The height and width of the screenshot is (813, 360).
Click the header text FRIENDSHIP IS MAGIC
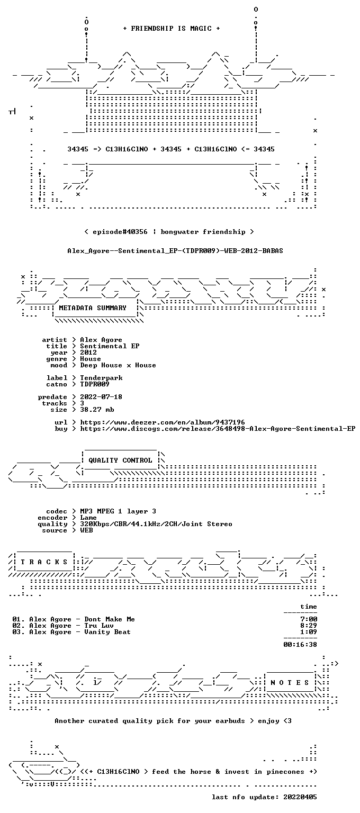172,29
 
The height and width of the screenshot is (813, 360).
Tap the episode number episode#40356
120,232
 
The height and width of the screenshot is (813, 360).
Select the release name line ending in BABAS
175,251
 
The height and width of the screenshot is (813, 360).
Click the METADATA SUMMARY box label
93,308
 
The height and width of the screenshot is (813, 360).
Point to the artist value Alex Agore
101,340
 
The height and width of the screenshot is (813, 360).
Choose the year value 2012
88,353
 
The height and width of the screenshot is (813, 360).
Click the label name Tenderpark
101,378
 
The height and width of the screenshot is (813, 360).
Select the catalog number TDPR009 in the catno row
95,384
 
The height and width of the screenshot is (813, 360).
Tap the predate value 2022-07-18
101,397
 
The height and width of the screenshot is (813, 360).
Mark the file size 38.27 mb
97,410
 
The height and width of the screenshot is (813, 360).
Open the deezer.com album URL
163,422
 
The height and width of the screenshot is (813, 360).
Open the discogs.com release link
218,429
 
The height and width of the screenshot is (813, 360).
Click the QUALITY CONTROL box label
121,460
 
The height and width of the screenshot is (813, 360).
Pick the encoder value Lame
88,518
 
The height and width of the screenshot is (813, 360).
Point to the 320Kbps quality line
156,524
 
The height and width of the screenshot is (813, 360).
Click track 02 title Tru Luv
99,626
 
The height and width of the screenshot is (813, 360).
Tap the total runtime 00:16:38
300,645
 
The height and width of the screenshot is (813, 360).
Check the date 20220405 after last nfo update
300,797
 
